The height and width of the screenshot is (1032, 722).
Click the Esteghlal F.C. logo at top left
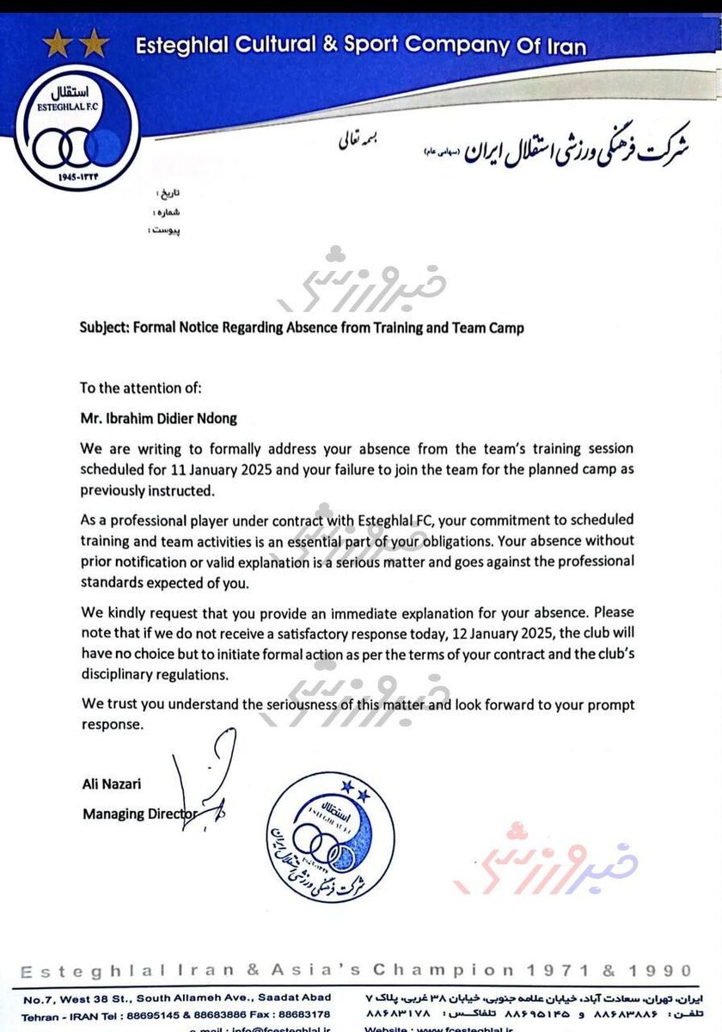(76, 127)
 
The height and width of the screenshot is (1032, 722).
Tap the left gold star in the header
(57, 44)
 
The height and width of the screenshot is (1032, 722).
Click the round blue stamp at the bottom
(330, 837)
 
